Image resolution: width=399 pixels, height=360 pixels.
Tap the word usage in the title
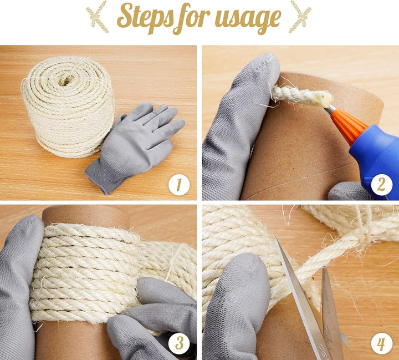click(x=248, y=19)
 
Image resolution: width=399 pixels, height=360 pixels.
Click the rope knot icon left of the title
click(x=97, y=17)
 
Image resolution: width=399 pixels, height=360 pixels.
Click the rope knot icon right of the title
click(x=300, y=17)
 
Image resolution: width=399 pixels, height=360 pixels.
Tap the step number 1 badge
click(x=179, y=185)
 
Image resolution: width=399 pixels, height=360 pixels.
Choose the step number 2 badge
click(x=381, y=185)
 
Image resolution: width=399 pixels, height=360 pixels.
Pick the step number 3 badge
click(x=179, y=343)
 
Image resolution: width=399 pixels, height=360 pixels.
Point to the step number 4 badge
click(x=381, y=343)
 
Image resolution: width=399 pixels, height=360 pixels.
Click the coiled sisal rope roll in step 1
click(x=68, y=107)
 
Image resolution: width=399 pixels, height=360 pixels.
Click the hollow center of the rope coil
click(x=65, y=80)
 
